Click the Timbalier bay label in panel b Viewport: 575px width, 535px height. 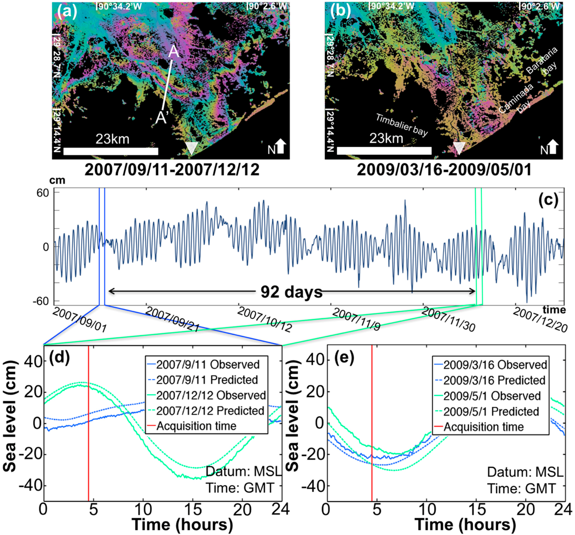pyautogui.click(x=401, y=125)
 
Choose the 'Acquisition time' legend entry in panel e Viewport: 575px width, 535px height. pyautogui.click(x=484, y=427)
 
